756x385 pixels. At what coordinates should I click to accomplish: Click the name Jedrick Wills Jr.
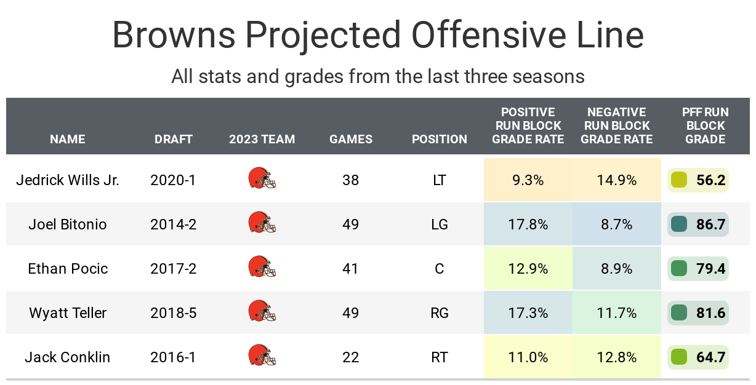[x=68, y=180]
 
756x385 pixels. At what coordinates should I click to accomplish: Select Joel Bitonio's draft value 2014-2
[x=174, y=224]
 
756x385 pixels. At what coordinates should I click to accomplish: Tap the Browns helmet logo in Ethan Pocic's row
[x=262, y=268]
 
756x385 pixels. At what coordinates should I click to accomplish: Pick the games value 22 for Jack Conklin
[x=350, y=357]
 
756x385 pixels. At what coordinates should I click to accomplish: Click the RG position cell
[x=440, y=313]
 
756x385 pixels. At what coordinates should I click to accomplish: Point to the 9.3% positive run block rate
[x=528, y=180]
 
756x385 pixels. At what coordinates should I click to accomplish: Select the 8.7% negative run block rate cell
[x=616, y=224]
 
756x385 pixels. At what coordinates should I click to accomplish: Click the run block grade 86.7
[x=710, y=224]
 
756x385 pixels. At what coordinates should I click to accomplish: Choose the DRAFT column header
[x=174, y=139]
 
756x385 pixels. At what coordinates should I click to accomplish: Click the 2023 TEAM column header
[x=262, y=139]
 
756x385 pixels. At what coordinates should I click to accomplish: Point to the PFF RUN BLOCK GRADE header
[x=706, y=125]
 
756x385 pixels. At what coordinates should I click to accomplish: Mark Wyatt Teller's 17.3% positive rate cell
[x=528, y=313]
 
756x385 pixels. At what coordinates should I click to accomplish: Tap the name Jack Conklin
[x=68, y=357]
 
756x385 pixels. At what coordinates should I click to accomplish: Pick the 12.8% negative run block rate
[x=616, y=357]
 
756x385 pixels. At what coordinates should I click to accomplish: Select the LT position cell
[x=440, y=180]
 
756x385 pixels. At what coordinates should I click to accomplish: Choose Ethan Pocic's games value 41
[x=350, y=269]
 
